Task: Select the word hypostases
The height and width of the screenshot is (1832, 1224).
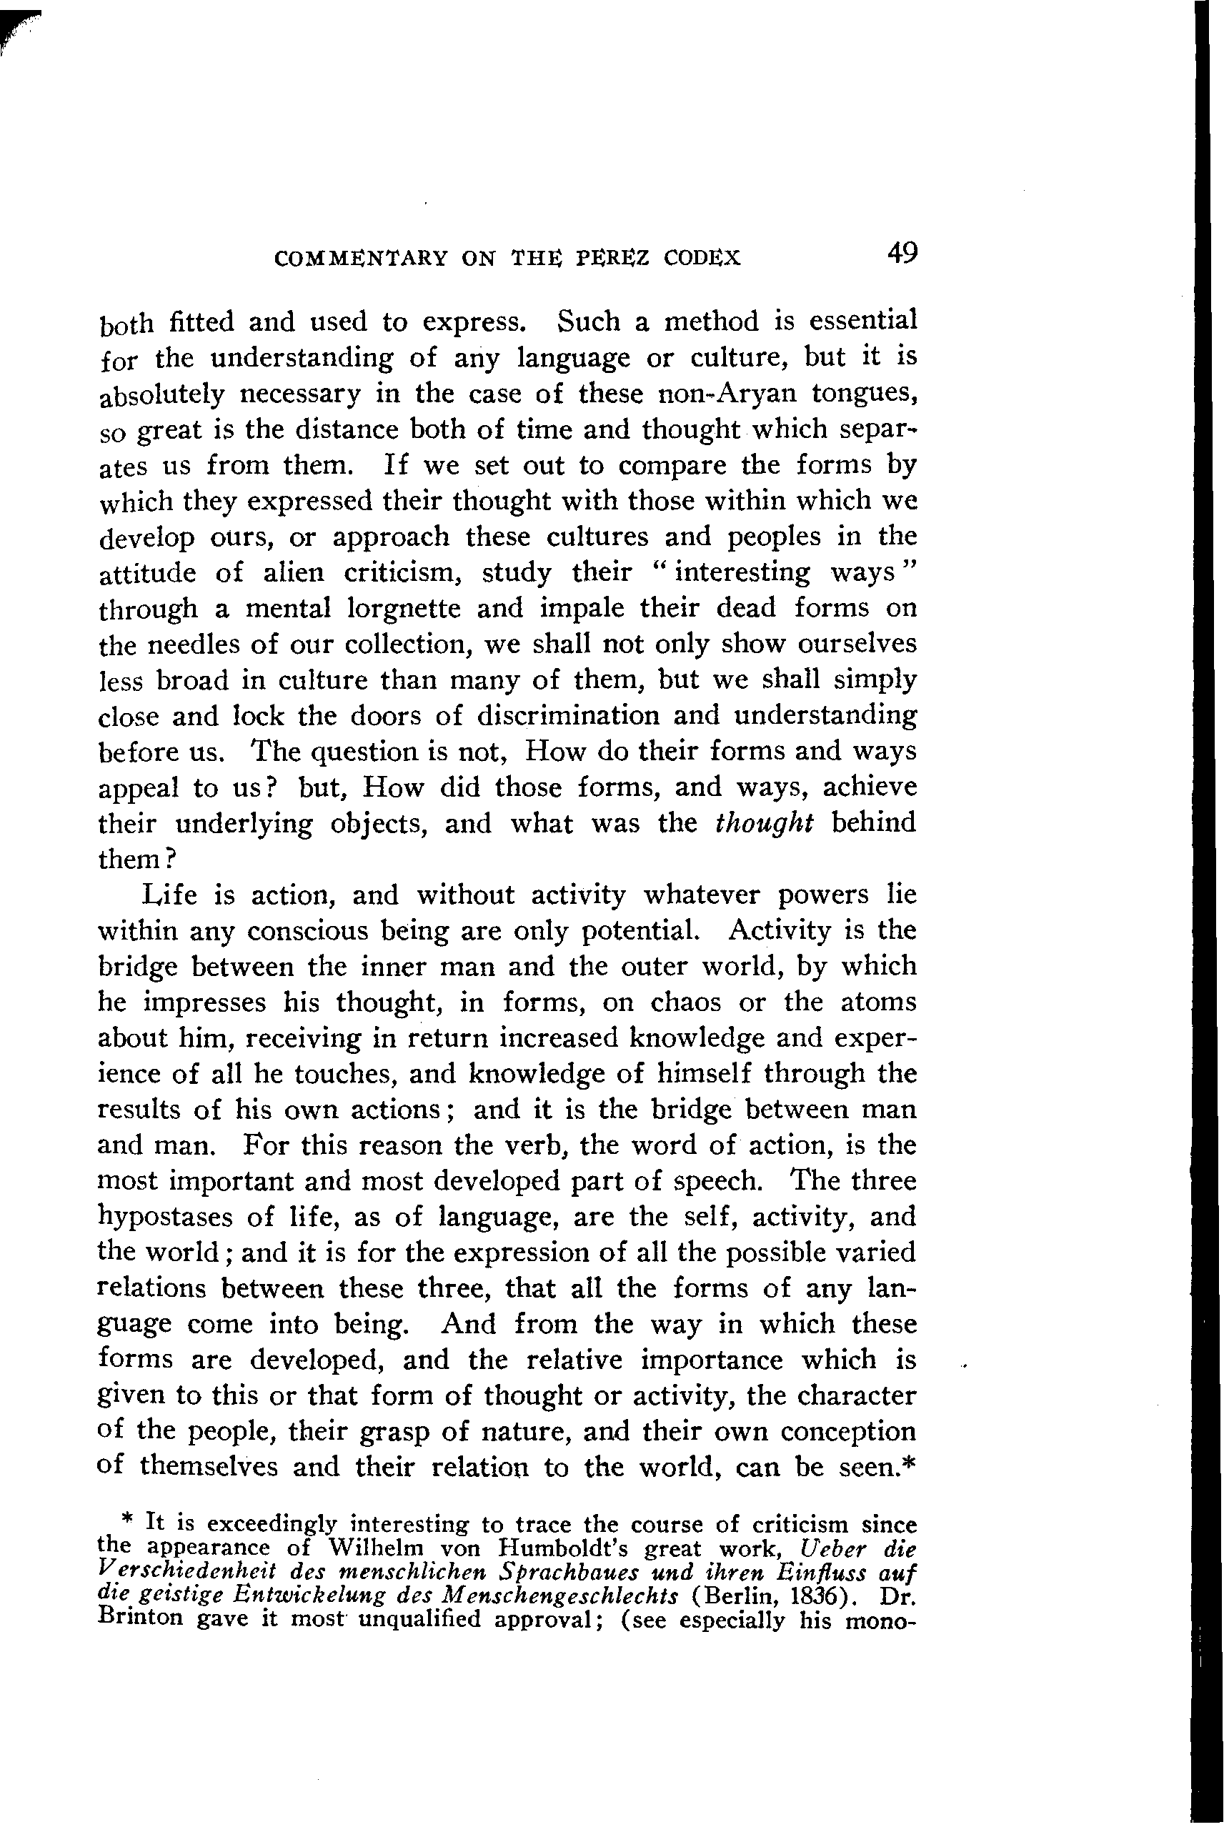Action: coord(169,1218)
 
